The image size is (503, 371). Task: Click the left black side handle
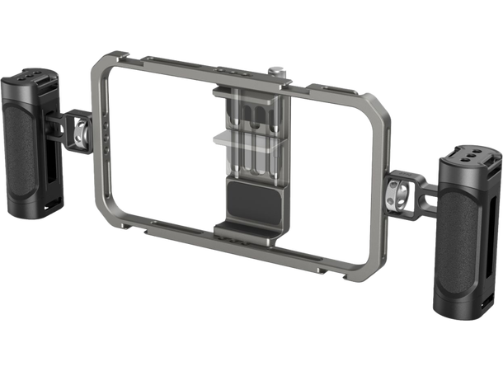(32, 132)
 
